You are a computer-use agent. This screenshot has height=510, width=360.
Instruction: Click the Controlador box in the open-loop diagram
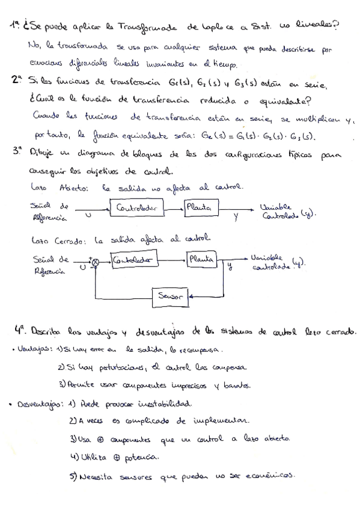tap(136, 208)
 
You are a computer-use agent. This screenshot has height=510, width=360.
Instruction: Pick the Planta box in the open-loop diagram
tap(201, 207)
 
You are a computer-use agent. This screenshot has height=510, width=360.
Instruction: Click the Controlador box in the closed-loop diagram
tap(133, 260)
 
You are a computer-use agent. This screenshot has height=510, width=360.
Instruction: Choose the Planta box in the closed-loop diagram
tap(202, 259)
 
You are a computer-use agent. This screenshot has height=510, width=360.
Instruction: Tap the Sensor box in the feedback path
tap(170, 295)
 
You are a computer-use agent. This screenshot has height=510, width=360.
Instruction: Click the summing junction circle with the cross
tap(95, 263)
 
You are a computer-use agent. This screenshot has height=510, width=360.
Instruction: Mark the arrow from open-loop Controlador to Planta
tap(174, 209)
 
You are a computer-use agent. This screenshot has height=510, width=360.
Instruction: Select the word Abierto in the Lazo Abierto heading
tap(73, 187)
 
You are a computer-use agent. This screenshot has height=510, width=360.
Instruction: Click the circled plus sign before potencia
tap(116, 458)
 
